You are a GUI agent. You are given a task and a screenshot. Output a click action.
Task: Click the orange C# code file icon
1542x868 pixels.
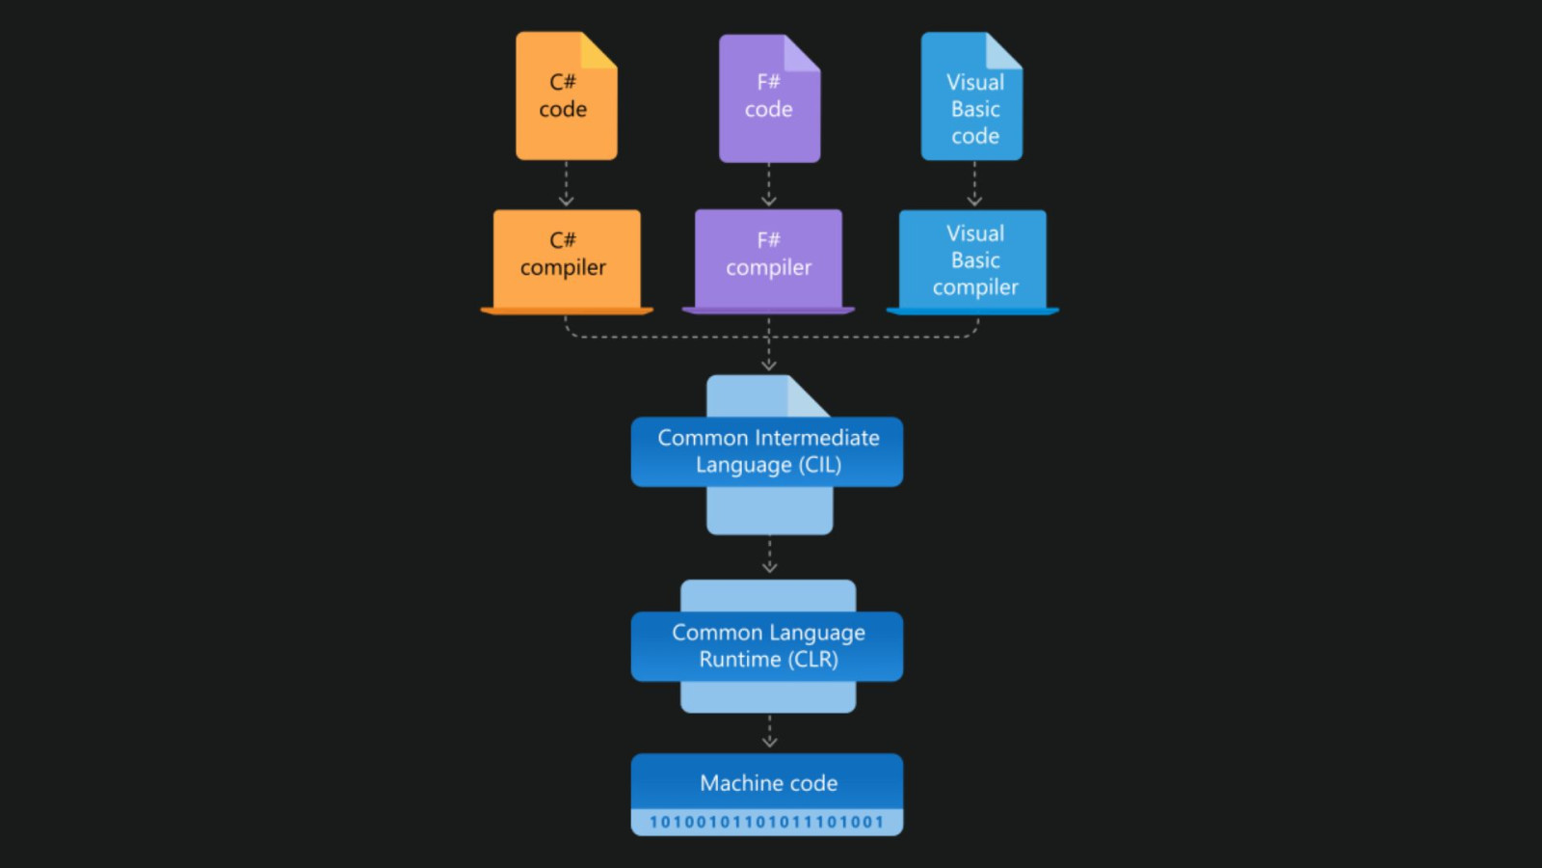pyautogui.click(x=566, y=96)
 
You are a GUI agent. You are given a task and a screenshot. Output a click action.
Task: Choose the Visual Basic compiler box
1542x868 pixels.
pyautogui.click(x=972, y=260)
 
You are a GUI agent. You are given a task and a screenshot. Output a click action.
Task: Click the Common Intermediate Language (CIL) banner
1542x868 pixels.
pyautogui.click(x=767, y=451)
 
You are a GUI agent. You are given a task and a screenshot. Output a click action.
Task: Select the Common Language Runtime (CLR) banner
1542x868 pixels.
pyautogui.click(x=767, y=646)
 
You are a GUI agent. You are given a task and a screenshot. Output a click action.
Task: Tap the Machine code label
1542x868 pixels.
pyautogui.click(x=768, y=783)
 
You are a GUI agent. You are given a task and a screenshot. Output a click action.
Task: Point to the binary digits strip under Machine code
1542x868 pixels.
pyautogui.click(x=767, y=822)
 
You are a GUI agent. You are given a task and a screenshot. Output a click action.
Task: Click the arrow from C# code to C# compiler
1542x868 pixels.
pyautogui.click(x=567, y=185)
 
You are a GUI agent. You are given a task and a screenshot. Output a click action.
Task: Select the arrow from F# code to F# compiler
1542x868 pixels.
pyautogui.click(x=769, y=185)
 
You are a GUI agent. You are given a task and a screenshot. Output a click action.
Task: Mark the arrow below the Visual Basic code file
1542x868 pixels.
pyautogui.click(x=974, y=185)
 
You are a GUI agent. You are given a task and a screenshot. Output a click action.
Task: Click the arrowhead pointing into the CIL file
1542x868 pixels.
pyautogui.click(x=769, y=364)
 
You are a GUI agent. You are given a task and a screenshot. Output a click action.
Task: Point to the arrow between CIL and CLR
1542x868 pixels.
pyautogui.click(x=769, y=556)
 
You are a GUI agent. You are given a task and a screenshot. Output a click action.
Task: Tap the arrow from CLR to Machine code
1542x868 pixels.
pyautogui.click(x=769, y=732)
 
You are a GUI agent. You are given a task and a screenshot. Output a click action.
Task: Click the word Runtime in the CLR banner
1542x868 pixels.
pyautogui.click(x=739, y=660)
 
